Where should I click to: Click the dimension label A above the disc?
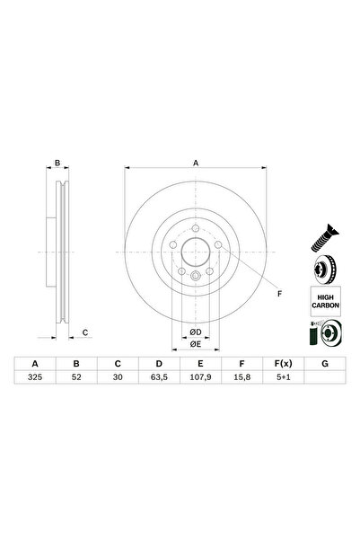point(195,163)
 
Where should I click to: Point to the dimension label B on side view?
point(57,163)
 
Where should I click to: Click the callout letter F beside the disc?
point(278,294)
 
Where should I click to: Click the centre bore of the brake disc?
point(195,256)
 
